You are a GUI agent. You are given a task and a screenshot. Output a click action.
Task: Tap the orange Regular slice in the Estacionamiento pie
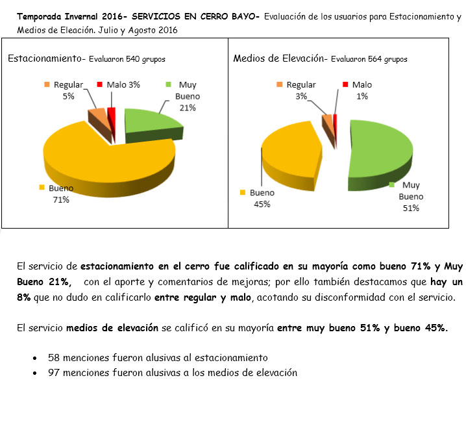click(98, 118)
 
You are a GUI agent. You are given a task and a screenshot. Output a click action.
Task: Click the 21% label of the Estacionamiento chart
click(188, 108)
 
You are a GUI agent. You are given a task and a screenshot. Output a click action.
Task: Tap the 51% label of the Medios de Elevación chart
click(410, 208)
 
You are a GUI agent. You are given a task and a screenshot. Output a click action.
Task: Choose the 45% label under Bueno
click(262, 204)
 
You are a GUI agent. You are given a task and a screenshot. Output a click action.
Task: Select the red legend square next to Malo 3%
click(99, 84)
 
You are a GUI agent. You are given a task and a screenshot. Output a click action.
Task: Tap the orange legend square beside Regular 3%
click(279, 84)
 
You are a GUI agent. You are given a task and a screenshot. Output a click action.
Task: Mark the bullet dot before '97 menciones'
click(34, 373)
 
